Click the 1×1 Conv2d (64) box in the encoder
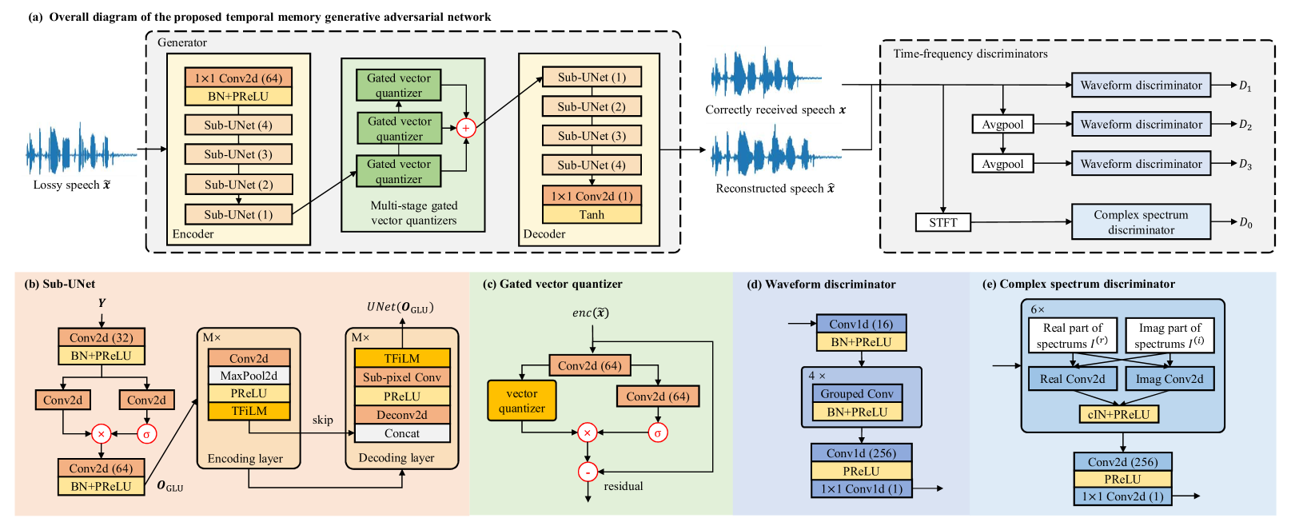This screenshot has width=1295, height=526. coord(238,78)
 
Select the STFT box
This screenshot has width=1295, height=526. coord(943,222)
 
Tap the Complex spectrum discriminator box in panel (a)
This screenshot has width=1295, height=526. coord(1141,222)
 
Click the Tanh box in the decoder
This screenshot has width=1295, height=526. coord(592,214)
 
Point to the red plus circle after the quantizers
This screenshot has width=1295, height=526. coord(466,128)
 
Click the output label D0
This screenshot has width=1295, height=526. coord(1245,223)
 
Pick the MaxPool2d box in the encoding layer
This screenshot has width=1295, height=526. coord(249,376)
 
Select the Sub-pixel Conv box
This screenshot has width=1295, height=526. coord(402,377)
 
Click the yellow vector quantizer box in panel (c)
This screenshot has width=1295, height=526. coord(522,400)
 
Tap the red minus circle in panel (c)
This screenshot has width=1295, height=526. coord(588,472)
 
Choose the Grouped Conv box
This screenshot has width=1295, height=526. coord(858,393)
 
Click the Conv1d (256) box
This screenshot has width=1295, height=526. coord(861,453)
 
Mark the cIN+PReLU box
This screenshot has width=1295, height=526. coord(1118,414)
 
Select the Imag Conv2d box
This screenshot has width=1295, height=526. coord(1169,379)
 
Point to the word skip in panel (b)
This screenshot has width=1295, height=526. coord(323,420)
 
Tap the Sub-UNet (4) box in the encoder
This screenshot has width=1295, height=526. coord(238,125)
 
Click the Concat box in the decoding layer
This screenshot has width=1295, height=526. coord(402,433)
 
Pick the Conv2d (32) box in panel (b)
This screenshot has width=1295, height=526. coord(102,337)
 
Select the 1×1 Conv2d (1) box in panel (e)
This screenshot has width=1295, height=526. coord(1122,496)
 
